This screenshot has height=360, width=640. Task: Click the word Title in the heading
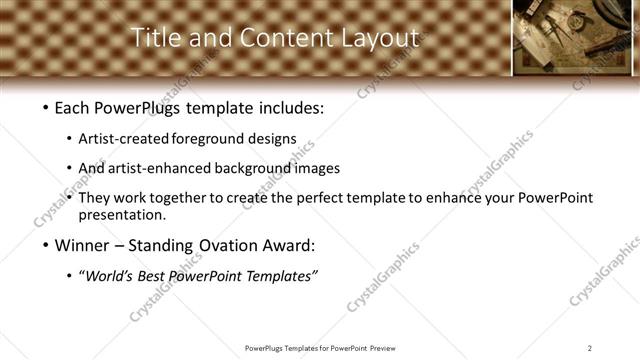[x=154, y=38]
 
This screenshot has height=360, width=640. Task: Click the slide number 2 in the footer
[x=590, y=347]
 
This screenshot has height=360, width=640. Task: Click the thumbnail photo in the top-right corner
[x=575, y=38]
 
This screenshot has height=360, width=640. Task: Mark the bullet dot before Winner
[x=45, y=243]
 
